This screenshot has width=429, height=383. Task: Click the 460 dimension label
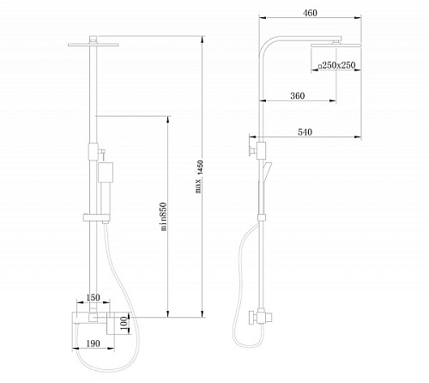tap(310, 13)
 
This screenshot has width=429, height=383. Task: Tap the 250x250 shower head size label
tap(337, 65)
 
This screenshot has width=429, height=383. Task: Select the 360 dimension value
tap(298, 95)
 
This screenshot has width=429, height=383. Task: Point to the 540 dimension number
tap(305, 132)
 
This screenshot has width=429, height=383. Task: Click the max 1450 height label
tap(199, 177)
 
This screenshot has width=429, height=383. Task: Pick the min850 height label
tap(163, 216)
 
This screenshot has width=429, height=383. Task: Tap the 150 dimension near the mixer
tap(93, 297)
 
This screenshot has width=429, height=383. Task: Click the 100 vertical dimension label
tap(124, 323)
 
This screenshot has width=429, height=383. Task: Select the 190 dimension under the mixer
tap(93, 343)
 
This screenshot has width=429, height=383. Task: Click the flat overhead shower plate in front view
tap(94, 45)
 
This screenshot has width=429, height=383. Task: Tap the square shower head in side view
tap(336, 45)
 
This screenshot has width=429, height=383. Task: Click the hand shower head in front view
tap(106, 173)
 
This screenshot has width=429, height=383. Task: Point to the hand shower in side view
tap(265, 171)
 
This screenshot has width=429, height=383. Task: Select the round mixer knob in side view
tap(252, 318)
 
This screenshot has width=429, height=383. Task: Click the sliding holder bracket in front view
tap(96, 217)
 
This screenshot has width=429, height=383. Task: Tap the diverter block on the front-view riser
tap(94, 151)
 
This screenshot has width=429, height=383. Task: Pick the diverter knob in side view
tap(251, 150)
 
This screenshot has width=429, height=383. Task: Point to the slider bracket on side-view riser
tap(262, 217)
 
